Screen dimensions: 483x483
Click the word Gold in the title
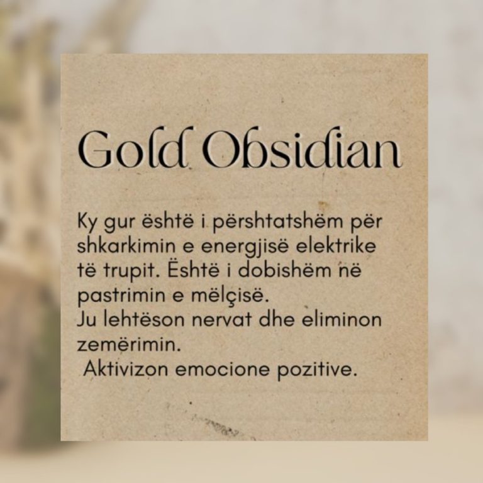(134, 148)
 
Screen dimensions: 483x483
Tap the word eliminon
(341, 319)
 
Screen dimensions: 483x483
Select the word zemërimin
(128, 344)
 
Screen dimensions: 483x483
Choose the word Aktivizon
(126, 368)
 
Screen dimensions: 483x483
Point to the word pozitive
(317, 369)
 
